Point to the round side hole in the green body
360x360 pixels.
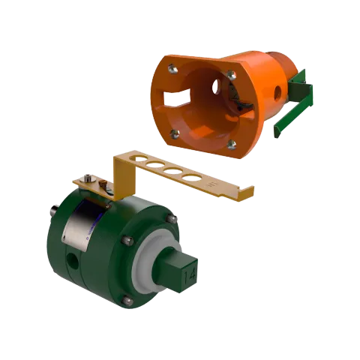(73, 262)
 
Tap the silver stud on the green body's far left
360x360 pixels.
(53, 209)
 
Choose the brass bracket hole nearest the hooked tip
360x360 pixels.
(193, 178)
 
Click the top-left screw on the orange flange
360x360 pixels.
(173, 69)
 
